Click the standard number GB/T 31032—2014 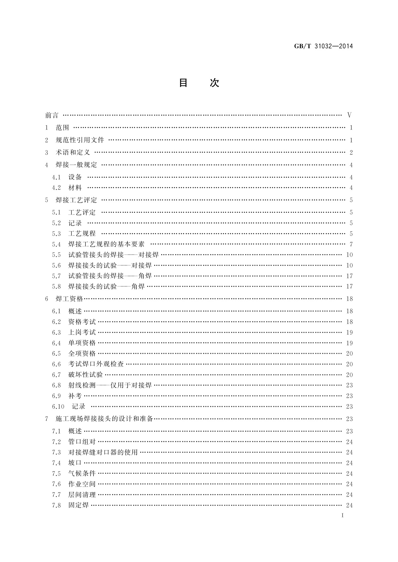tap(323, 46)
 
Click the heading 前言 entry tap(52, 115)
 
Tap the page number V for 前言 tap(349, 115)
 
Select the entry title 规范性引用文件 tap(80, 140)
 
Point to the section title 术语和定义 tap(73, 153)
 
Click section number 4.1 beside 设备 tap(56, 177)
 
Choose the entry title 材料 tap(75, 188)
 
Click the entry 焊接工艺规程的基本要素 tap(106, 244)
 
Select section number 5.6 tap(56, 266)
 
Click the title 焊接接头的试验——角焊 tap(106, 287)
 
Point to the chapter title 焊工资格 tap(69, 299)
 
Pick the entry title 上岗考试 tap(82, 332)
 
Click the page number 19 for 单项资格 tap(349, 343)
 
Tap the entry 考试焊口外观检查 tap(96, 364)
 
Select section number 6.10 tap(58, 406)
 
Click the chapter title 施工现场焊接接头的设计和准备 tap(104, 419)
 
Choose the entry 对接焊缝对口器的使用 tap(103, 453)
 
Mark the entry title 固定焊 tap(79, 505)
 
